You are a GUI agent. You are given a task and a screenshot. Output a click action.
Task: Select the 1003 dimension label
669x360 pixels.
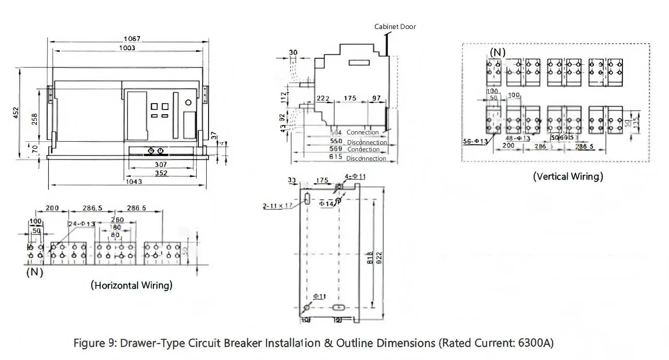pyautogui.click(x=127, y=48)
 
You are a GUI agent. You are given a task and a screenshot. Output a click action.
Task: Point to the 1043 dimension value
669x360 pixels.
pyautogui.click(x=134, y=181)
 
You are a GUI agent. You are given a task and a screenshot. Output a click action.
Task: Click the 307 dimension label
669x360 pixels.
pyautogui.click(x=161, y=164)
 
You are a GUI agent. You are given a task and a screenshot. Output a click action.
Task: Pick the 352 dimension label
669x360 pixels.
pyautogui.click(x=161, y=173)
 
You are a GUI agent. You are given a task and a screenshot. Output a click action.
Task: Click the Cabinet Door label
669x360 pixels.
pyautogui.click(x=395, y=27)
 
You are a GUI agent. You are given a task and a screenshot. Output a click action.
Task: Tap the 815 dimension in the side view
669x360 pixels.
pyautogui.click(x=336, y=157)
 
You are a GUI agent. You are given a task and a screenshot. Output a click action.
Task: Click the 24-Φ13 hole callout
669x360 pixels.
pyautogui.click(x=81, y=224)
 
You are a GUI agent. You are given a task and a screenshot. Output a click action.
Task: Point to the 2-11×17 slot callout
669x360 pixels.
pyautogui.click(x=278, y=206)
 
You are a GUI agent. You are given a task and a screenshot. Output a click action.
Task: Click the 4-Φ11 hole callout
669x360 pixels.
pyautogui.click(x=356, y=176)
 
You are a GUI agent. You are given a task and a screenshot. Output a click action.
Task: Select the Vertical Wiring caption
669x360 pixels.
pyautogui.click(x=568, y=176)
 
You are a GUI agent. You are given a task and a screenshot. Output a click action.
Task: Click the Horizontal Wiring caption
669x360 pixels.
pyautogui.click(x=132, y=285)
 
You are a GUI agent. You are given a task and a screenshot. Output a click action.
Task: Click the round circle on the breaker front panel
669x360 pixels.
pyautogui.click(x=188, y=102)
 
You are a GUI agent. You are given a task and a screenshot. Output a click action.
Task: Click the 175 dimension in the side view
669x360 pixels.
pyautogui.click(x=350, y=99)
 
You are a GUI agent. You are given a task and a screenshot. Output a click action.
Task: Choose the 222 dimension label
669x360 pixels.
pyautogui.click(x=323, y=99)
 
